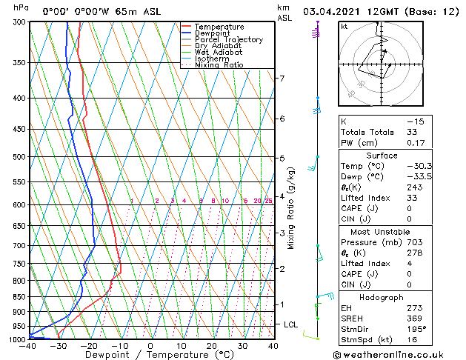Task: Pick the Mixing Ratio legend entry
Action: tap(219, 65)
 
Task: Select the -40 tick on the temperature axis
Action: tap(30, 346)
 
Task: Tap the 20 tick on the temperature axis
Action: tap(212, 346)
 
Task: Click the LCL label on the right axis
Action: tap(290, 324)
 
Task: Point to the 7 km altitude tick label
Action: tap(282, 78)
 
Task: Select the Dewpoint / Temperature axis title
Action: tap(150, 356)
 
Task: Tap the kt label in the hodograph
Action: tap(344, 27)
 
